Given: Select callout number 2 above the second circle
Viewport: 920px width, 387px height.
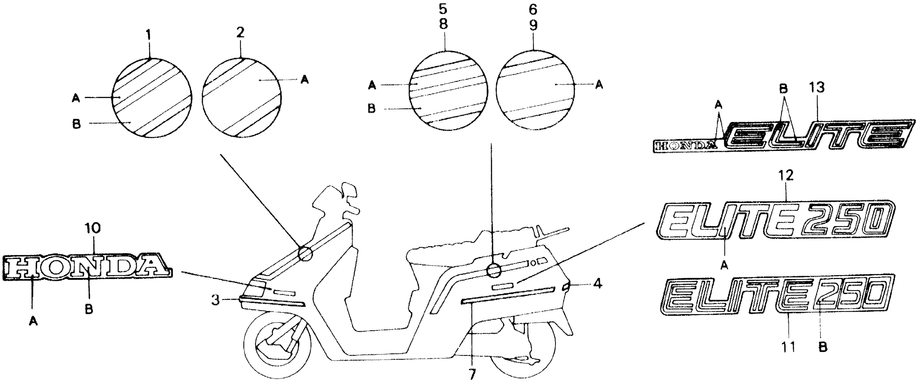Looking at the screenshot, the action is (240, 33).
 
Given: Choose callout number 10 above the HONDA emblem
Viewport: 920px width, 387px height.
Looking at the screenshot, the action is (93, 228).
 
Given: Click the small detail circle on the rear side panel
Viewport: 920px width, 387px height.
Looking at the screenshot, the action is (494, 270).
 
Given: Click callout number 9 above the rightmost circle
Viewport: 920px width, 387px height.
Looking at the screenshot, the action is (533, 25).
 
